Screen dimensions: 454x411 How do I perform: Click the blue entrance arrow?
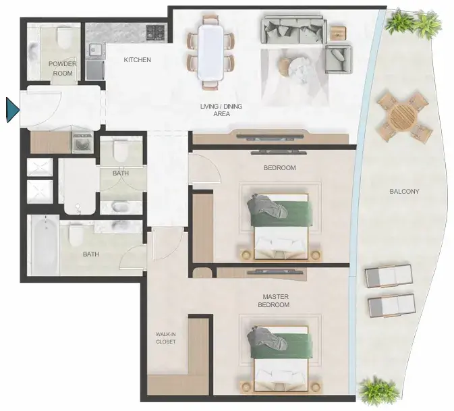(x=12, y=110)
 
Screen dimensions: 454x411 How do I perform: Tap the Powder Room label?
(x=63, y=68)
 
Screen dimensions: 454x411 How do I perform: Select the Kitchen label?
(x=137, y=59)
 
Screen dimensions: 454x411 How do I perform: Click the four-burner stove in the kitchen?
(x=155, y=32)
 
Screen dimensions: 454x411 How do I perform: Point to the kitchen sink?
(x=95, y=49)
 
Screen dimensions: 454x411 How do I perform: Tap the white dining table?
(x=210, y=53)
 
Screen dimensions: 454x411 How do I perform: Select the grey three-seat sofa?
(x=293, y=30)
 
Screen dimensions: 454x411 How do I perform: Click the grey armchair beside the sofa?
(x=338, y=59)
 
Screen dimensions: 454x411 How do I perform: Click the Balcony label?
(x=404, y=192)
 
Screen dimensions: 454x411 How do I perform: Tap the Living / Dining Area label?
(x=221, y=110)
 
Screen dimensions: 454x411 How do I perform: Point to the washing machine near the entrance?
(x=82, y=142)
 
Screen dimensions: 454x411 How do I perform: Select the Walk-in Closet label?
(x=166, y=338)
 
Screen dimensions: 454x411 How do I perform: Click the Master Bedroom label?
(x=274, y=300)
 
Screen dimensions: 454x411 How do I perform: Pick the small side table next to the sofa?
(x=339, y=33)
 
